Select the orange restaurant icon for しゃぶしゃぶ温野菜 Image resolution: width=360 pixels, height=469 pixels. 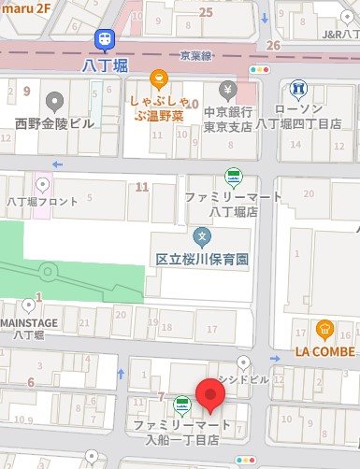point(160,78)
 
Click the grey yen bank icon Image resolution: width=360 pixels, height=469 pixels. point(227,90)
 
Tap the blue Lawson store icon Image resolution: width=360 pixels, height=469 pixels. point(297,90)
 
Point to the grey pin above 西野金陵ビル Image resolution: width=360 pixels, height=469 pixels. point(54,101)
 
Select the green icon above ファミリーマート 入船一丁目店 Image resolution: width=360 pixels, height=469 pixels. point(180,405)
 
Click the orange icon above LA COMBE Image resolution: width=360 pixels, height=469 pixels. point(324,329)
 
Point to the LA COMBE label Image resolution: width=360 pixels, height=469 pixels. point(324,352)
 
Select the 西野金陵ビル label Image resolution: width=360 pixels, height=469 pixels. point(53,123)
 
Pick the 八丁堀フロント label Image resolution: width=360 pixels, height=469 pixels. point(43,201)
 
